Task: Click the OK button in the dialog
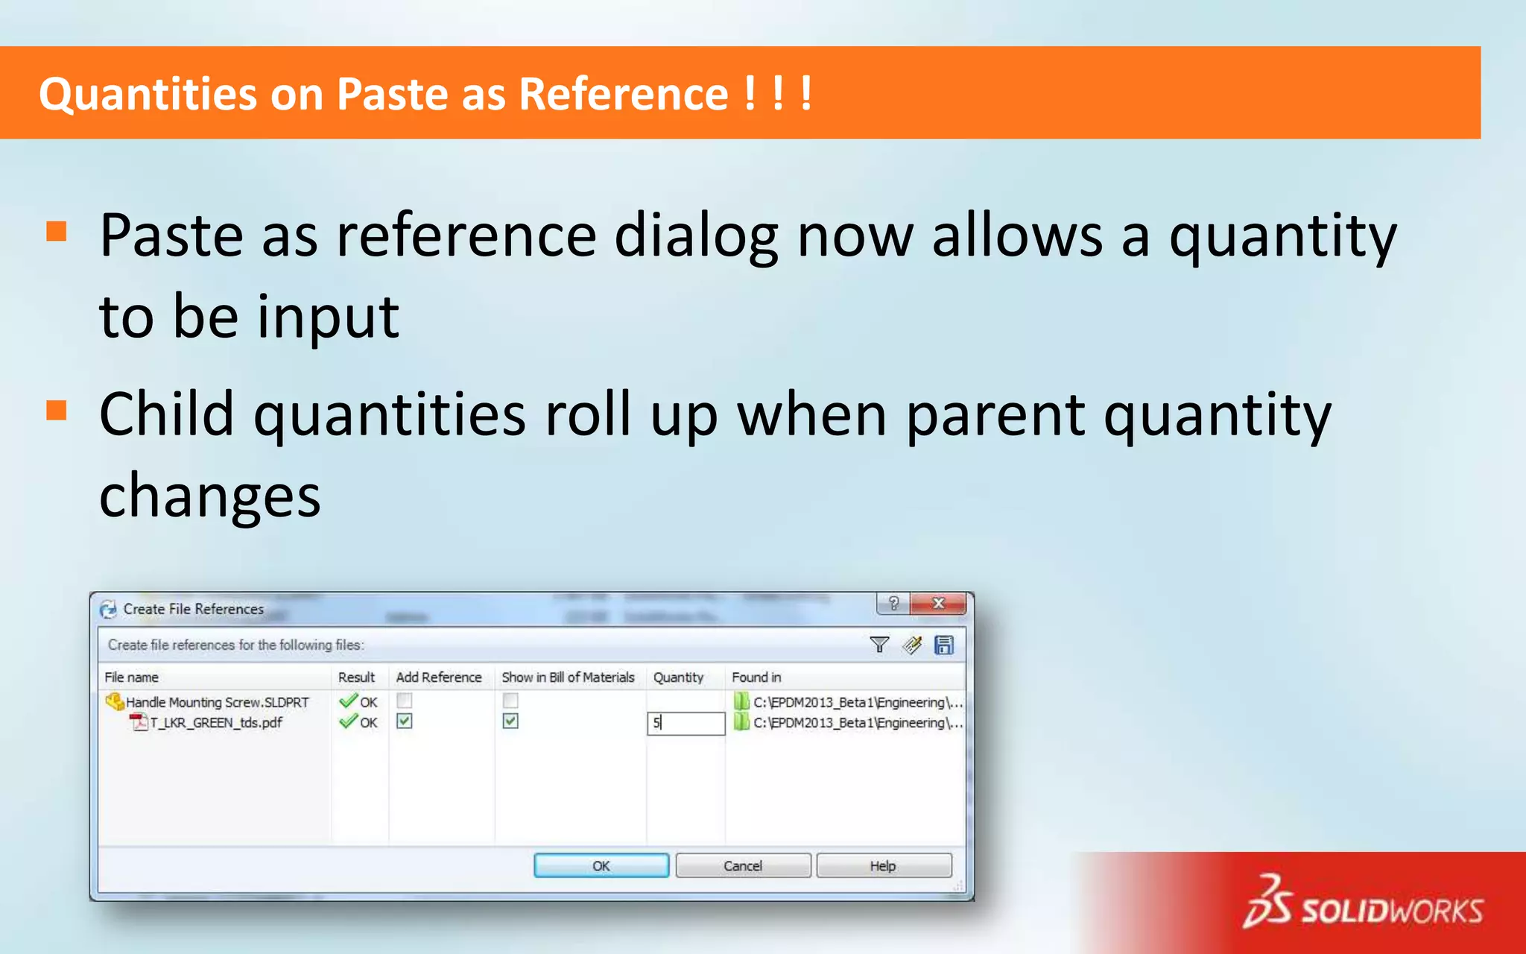[601, 865]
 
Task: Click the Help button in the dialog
[884, 865]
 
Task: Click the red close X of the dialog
[939, 603]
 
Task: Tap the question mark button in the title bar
[893, 603]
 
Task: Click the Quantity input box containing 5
[686, 723]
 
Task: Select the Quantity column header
[678, 677]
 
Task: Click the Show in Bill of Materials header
[568, 677]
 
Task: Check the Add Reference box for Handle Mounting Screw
[405, 701]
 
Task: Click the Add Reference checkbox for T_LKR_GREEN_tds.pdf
[405, 721]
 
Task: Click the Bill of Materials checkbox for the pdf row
[510, 721]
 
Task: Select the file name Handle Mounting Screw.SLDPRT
[217, 702]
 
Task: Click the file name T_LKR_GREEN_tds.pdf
[216, 722]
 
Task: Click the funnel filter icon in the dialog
[879, 645]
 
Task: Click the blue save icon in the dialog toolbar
[944, 645]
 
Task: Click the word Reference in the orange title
[623, 94]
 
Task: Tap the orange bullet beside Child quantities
[57, 411]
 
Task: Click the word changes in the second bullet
[209, 496]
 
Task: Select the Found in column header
[756, 677]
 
